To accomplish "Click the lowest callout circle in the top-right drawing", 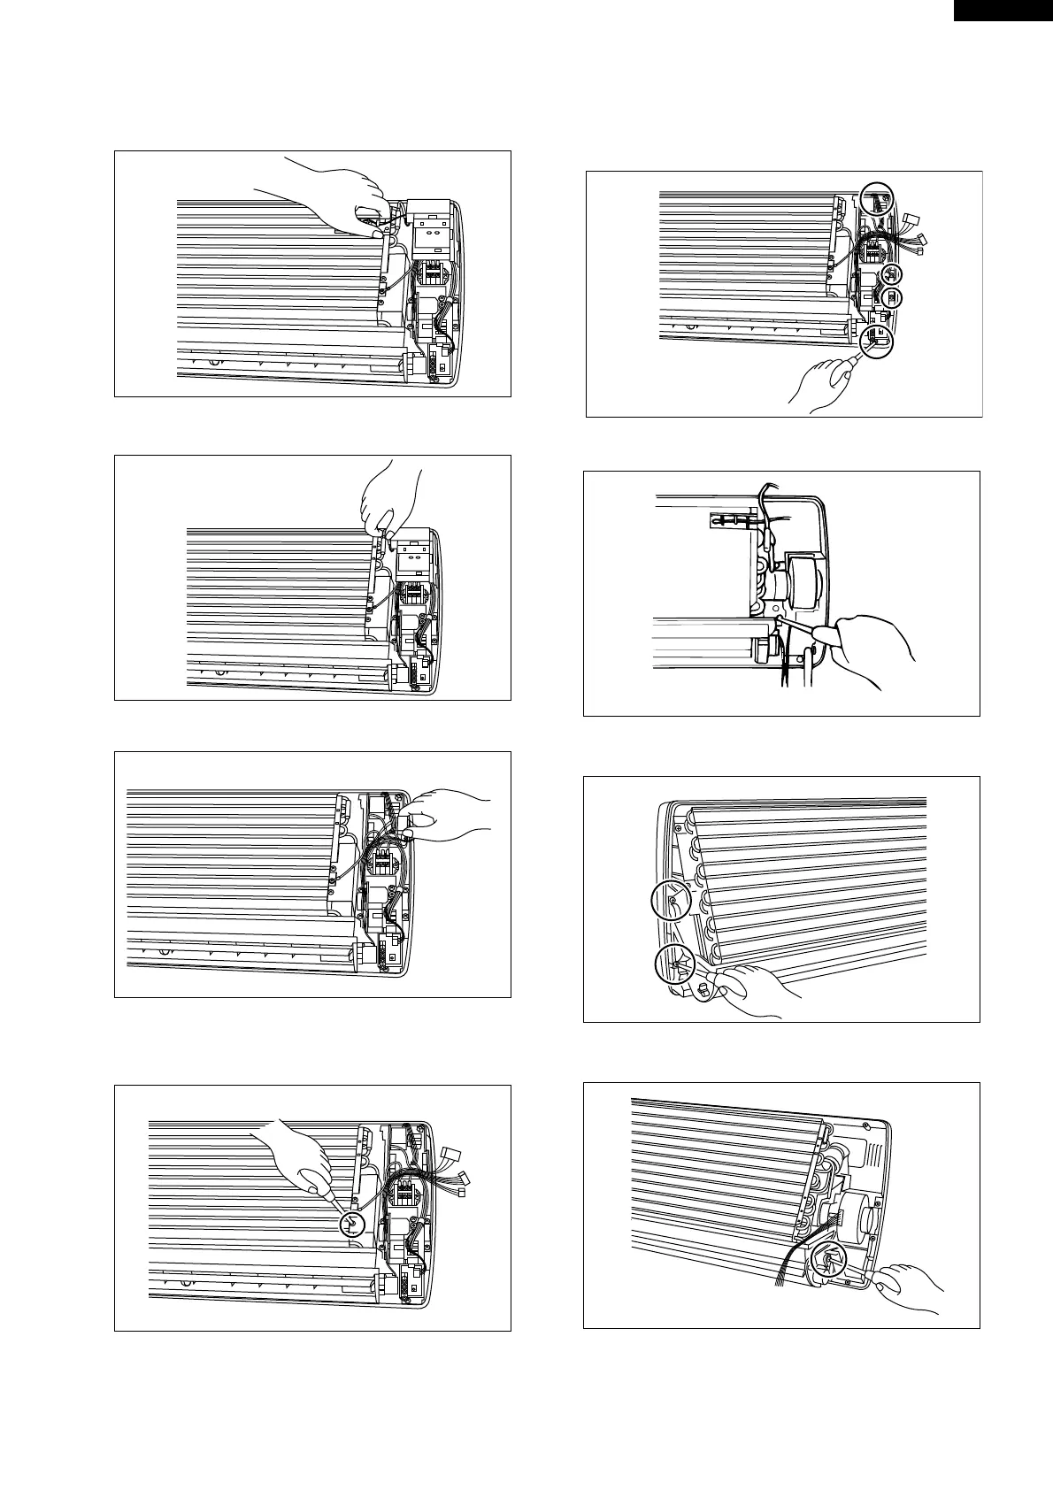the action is (877, 337).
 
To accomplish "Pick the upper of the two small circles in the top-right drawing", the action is (892, 273).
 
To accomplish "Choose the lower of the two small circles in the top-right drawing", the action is (894, 297).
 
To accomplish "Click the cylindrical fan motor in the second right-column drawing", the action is (802, 585).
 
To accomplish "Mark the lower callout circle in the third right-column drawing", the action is (675, 964).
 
